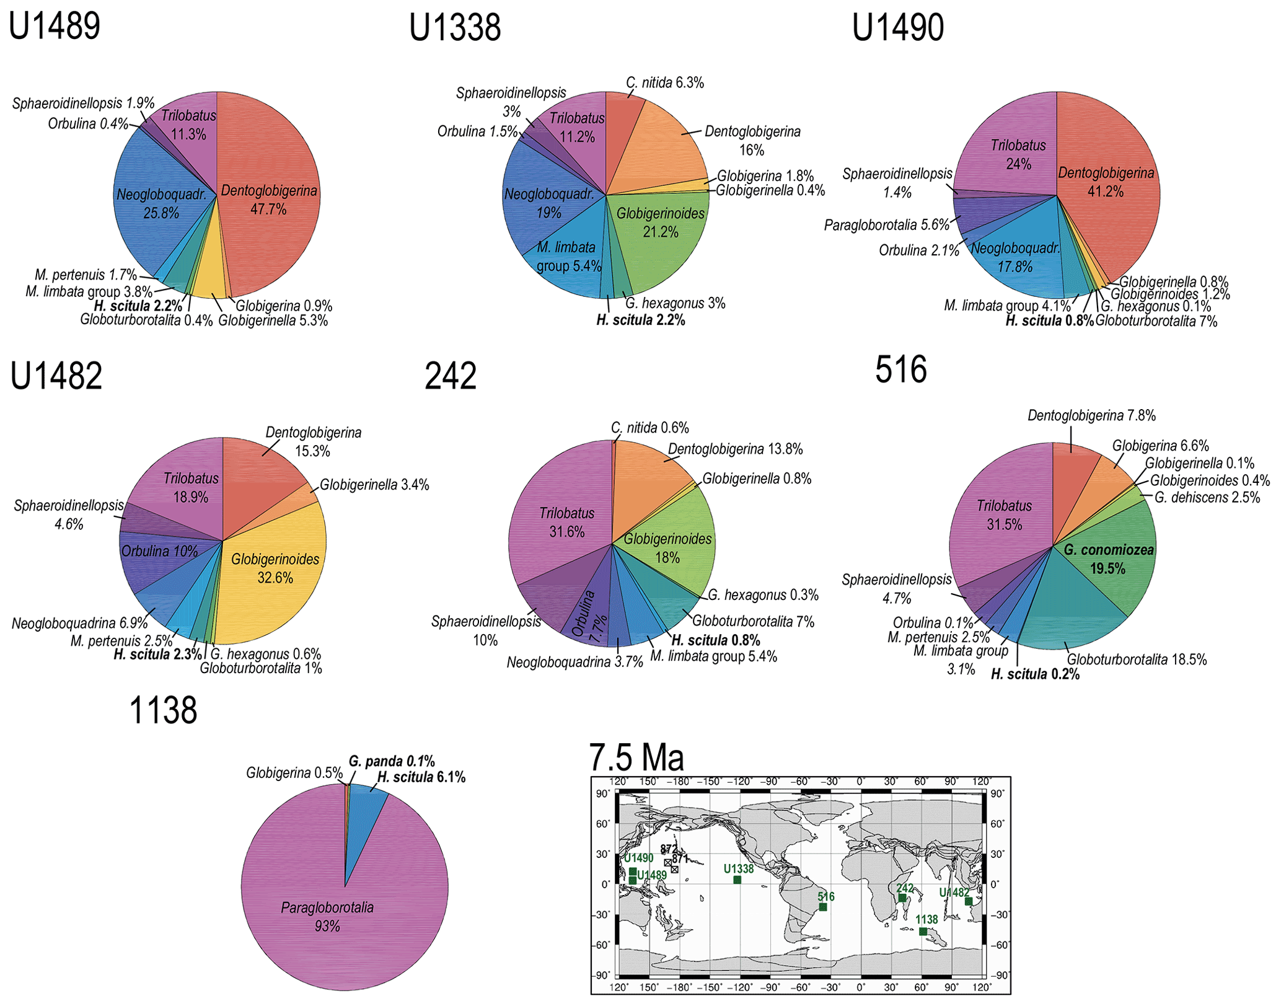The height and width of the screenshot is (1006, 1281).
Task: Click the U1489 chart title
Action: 55,27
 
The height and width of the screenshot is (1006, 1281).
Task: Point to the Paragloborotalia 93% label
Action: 327,916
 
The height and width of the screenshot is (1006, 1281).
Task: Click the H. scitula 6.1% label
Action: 421,777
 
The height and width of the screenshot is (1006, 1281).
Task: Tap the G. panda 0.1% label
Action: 392,761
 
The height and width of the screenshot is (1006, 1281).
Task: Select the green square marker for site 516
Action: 823,907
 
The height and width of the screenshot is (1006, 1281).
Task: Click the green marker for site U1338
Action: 737,880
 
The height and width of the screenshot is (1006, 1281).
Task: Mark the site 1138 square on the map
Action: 923,931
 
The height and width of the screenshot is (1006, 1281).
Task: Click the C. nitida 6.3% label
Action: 665,83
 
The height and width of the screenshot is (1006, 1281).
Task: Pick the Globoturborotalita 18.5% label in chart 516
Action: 1137,660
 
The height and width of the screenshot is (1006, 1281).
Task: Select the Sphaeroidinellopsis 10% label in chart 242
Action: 486,630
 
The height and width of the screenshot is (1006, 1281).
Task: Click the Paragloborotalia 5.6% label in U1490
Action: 887,225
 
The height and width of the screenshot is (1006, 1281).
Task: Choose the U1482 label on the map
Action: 954,893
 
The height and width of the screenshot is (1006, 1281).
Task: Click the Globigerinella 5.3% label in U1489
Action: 273,321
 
